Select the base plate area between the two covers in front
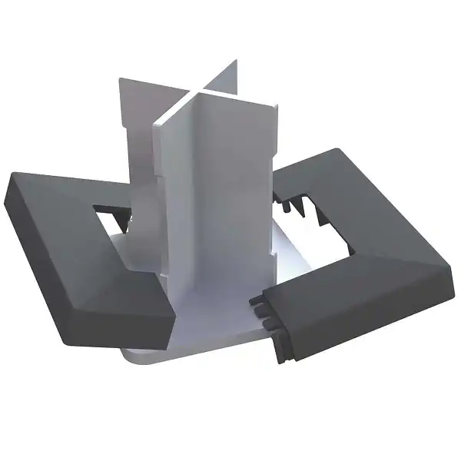[215, 323]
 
